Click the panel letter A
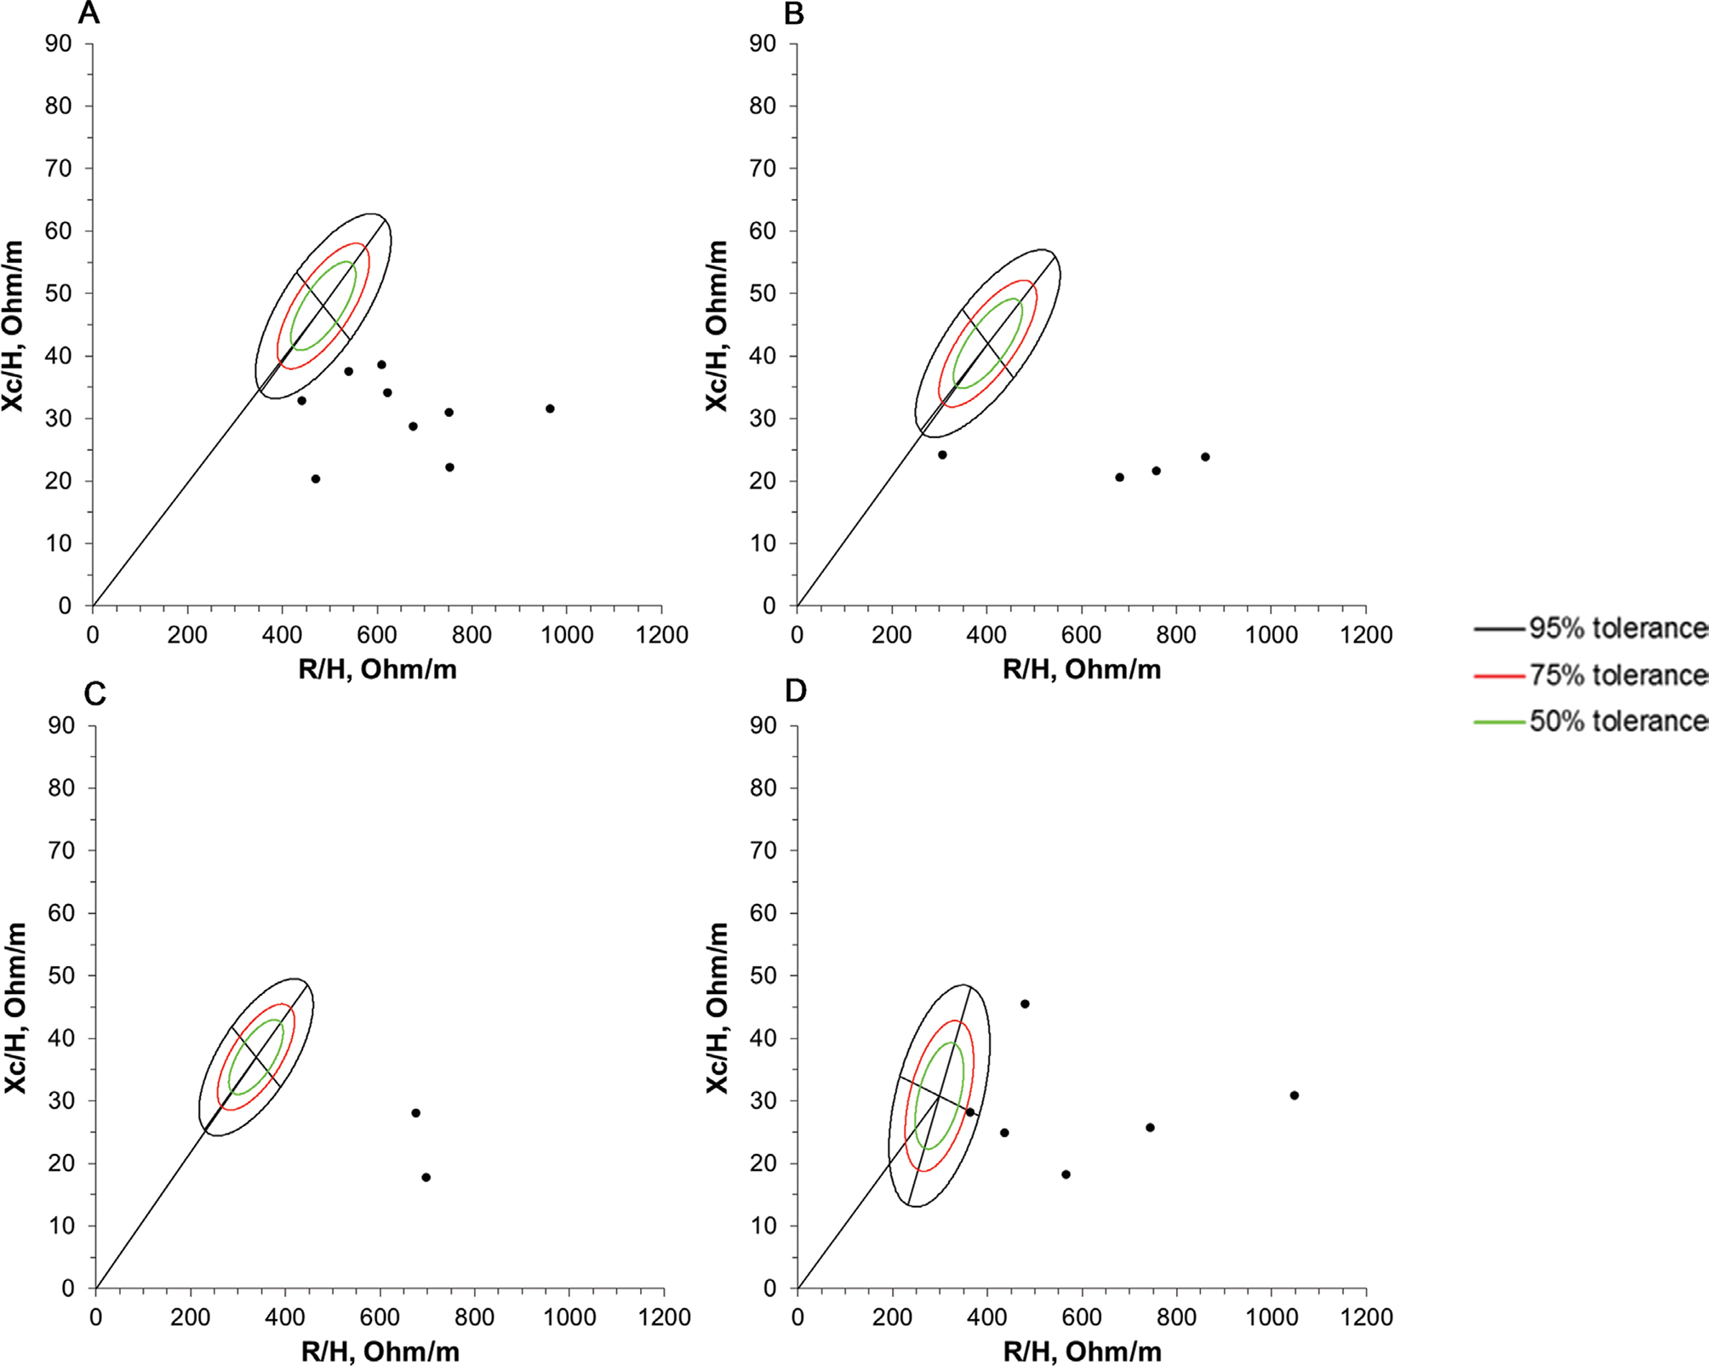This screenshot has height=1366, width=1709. point(89,14)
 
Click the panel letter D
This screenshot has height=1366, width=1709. point(796,691)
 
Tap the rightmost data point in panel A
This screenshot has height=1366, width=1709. point(550,409)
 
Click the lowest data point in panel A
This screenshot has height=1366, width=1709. point(316,479)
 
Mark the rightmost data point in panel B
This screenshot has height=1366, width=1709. point(1205,457)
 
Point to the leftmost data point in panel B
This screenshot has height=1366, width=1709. point(942,454)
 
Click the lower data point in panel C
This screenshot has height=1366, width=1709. point(426,1177)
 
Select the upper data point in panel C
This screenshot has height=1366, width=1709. point(416,1112)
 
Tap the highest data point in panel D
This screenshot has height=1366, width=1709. point(1025,1003)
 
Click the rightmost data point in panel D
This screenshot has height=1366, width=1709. point(1295,1095)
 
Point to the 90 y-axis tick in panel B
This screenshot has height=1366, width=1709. point(763,43)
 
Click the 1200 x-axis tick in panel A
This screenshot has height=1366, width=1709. point(662,635)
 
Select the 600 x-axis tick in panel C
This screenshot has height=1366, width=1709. point(380,1317)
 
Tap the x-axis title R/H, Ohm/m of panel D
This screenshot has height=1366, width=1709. point(1082,1351)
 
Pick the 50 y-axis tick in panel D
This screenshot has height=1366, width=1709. point(763,975)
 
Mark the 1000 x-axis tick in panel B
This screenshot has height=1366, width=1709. point(1272,635)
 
